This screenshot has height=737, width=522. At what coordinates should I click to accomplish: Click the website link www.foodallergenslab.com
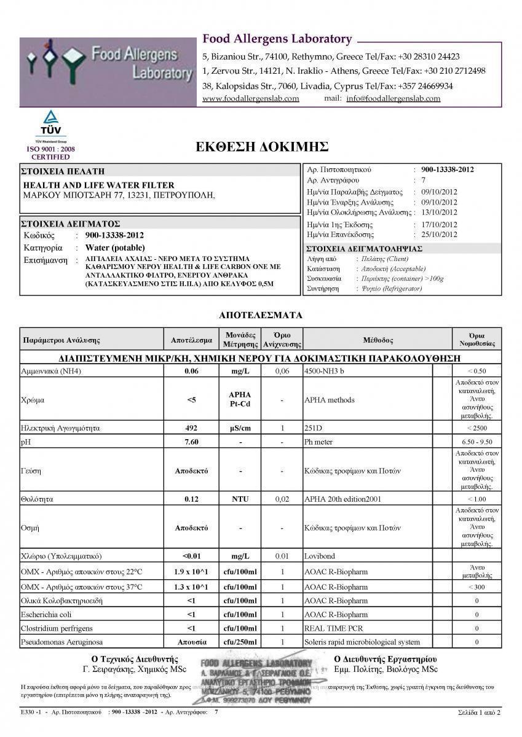point(250,98)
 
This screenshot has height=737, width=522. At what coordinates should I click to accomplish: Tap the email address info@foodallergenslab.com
point(393,98)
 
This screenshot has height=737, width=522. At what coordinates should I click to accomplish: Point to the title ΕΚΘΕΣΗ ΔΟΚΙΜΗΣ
point(261,147)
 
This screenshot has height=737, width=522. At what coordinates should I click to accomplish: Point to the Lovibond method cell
point(320,556)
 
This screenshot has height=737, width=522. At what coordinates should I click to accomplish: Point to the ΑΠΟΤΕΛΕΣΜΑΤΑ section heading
point(261,315)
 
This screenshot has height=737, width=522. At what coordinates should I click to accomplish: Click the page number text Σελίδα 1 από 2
point(479,712)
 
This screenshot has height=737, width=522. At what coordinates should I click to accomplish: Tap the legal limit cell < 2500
point(477,428)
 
